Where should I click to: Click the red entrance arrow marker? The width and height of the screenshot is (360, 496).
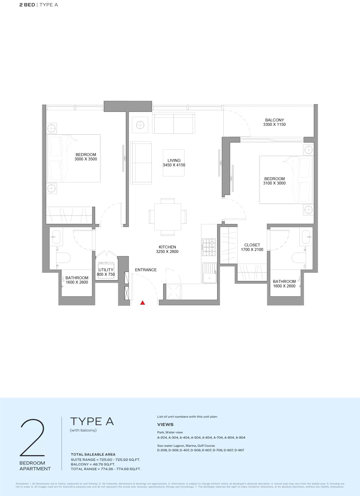click(143, 303)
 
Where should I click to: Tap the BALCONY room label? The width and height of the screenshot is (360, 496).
click(274, 120)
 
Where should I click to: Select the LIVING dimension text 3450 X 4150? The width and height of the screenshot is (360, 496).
click(174, 165)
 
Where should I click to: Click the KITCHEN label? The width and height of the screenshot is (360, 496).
click(167, 247)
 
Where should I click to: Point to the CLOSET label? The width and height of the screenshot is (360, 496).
click(252, 245)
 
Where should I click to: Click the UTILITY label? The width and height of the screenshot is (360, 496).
click(106, 270)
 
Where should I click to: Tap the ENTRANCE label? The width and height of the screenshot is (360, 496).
click(146, 270)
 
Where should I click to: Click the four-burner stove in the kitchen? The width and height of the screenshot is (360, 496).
click(209, 247)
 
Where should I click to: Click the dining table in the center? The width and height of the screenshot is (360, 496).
click(167, 217)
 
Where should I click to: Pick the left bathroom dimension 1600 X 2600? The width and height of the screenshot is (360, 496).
click(77, 282)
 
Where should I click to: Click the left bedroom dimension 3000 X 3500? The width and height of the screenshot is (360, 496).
click(86, 159)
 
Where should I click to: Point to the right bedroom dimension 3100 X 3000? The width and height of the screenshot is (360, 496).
click(274, 183)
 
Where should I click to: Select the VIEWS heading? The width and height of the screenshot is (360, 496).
click(165, 425)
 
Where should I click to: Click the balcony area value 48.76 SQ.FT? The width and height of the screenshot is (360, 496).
click(102, 464)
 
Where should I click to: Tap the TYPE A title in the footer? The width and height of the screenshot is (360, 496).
click(92, 422)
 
